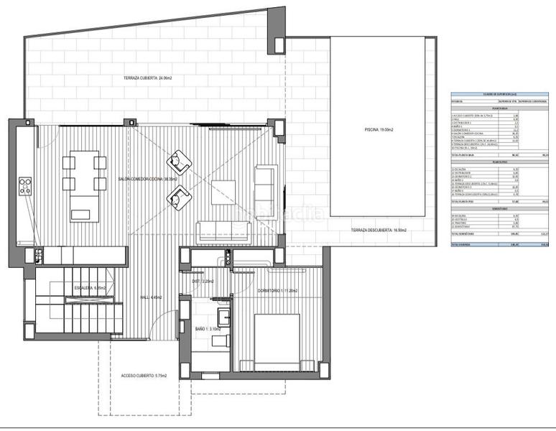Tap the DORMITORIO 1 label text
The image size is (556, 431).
click(277, 290)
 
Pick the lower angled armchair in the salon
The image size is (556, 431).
click(180, 195)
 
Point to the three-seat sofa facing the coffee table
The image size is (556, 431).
click(223, 231)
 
